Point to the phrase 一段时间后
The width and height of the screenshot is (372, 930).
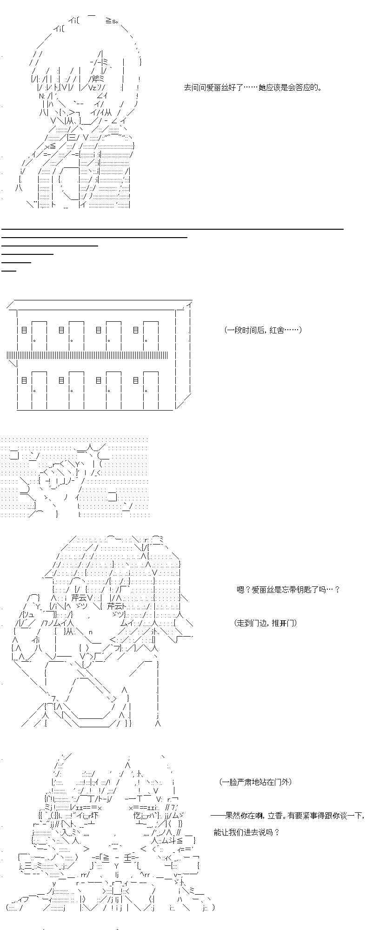click(x=246, y=330)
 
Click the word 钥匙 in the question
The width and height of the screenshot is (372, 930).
click(x=306, y=590)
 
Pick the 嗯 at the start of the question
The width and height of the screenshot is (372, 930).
click(x=240, y=590)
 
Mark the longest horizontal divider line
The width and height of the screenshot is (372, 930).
click(x=172, y=229)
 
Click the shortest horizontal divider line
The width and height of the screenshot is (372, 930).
click(x=9, y=270)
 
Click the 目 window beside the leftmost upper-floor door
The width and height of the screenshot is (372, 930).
click(x=24, y=330)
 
